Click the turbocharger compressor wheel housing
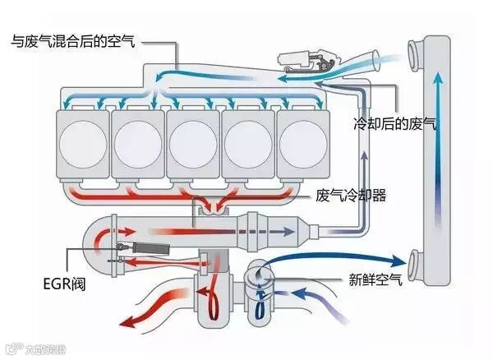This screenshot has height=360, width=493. tap(260, 284)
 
